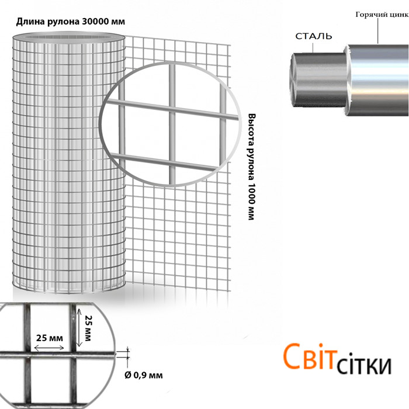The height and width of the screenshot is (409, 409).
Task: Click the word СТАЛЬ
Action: [x=314, y=36]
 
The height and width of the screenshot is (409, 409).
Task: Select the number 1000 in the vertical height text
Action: [x=252, y=196]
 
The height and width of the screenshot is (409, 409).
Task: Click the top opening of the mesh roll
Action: [x=68, y=38]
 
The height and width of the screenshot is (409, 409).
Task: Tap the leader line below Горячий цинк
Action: [x=380, y=32]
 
